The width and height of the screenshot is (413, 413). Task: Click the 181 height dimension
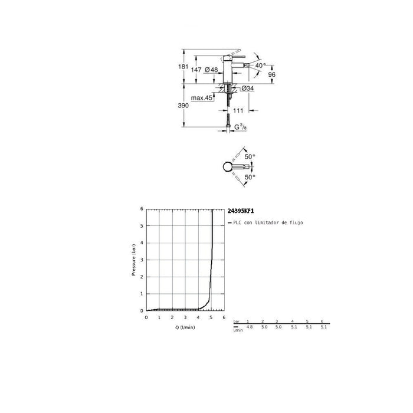pos(183,66)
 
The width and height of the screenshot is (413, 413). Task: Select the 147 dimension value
pos(196,70)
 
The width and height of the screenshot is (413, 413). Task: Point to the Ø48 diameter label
pos(211,70)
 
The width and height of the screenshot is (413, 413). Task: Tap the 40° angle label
pos(260,65)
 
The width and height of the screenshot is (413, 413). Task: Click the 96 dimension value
pos(272,75)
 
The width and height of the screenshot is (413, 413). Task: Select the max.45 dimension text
pos(201,98)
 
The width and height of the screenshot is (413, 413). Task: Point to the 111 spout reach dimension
pos(238,110)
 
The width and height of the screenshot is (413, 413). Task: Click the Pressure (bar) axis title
pos(135,260)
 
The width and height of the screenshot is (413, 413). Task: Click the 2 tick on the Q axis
pos(172,317)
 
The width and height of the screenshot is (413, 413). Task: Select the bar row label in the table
pos(237,321)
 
